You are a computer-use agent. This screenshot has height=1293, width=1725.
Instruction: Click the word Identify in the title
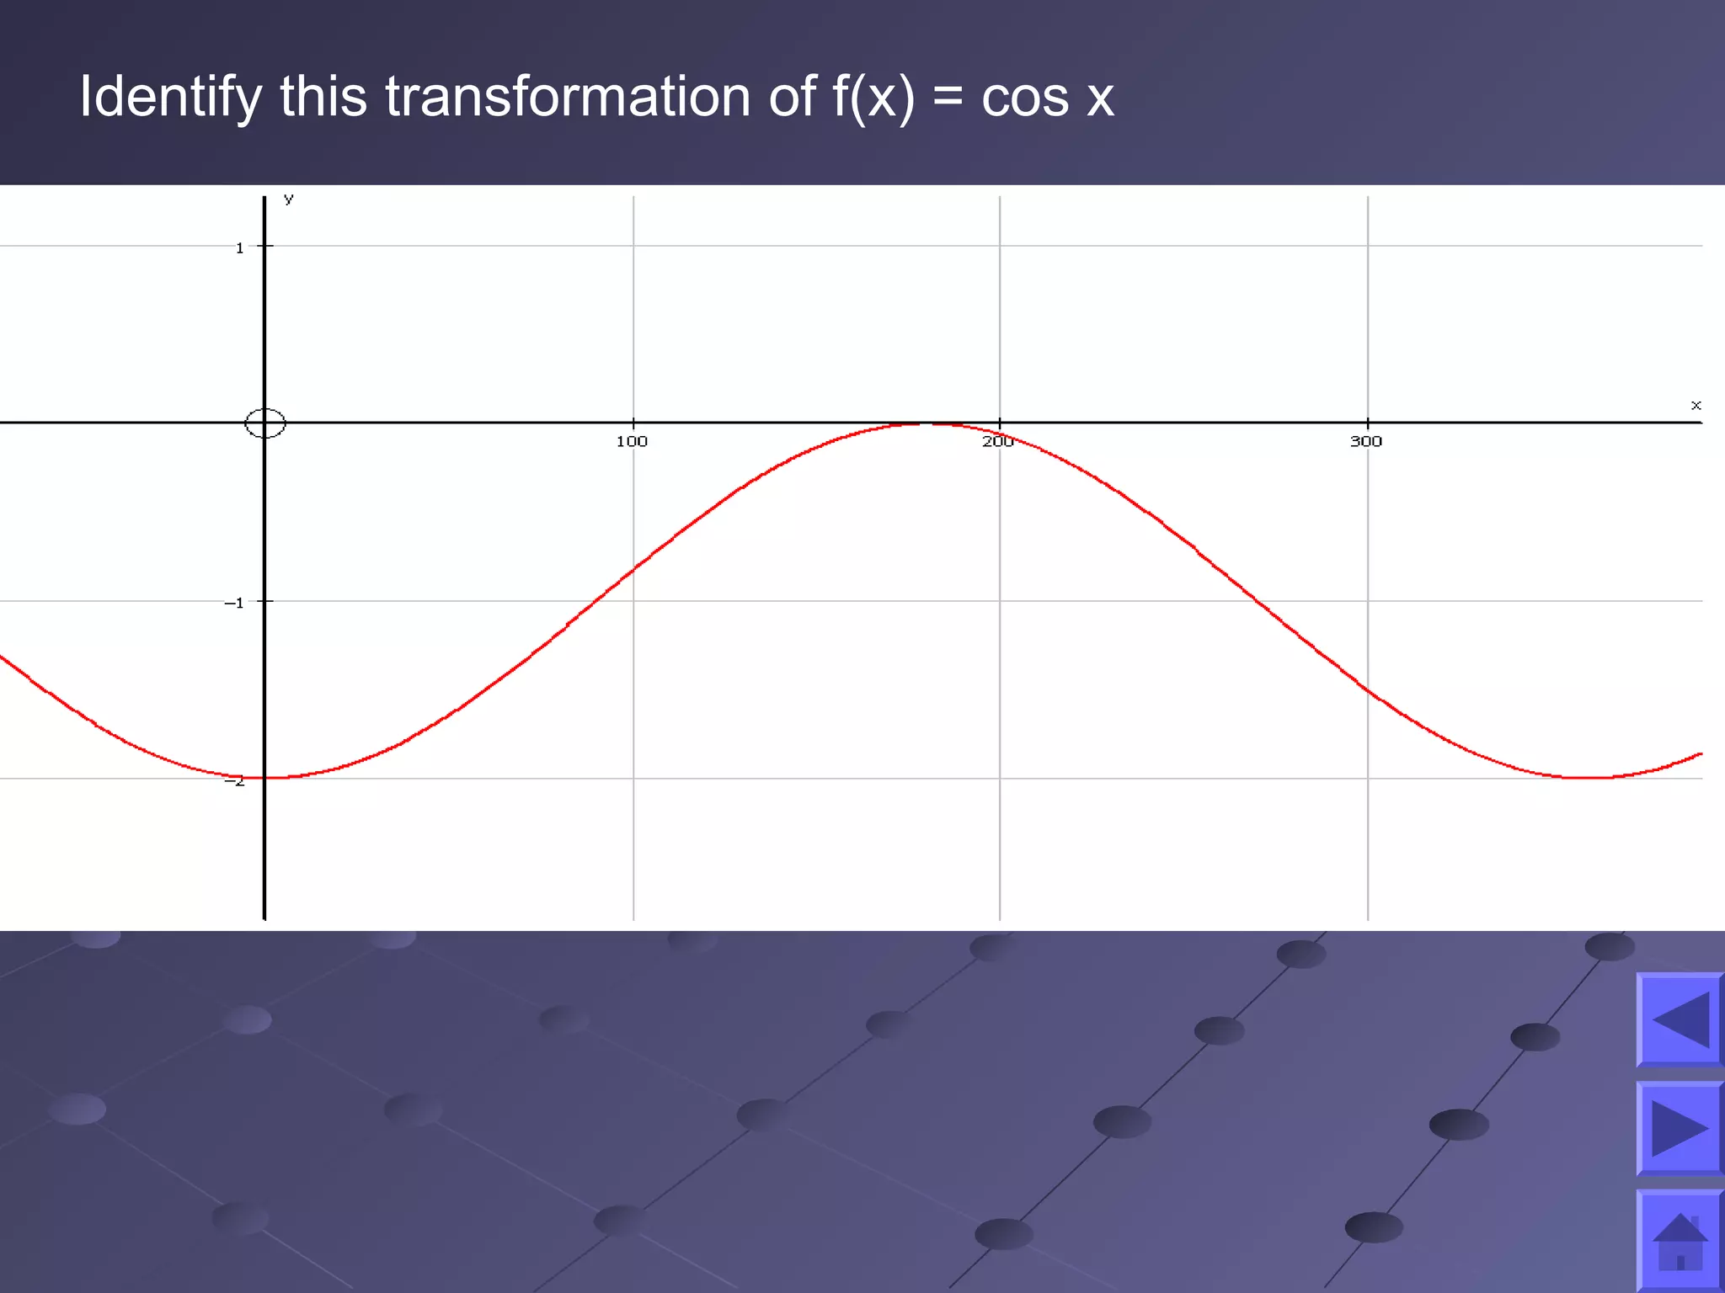[170, 97]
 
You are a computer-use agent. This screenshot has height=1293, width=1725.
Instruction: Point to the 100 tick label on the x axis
[632, 441]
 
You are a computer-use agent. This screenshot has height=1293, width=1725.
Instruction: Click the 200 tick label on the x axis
[997, 441]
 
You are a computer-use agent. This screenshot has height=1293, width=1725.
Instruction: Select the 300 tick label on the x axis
[1365, 441]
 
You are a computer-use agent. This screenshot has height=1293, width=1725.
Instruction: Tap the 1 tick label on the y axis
[239, 247]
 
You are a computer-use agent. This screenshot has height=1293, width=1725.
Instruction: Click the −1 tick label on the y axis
[234, 603]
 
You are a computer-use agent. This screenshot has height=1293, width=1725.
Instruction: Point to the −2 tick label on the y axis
[234, 781]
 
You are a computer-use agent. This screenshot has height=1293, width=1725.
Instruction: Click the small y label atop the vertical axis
[289, 199]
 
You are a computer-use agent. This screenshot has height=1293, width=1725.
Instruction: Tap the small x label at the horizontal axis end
[1696, 405]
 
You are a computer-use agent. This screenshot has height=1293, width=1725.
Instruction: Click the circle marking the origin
[264, 423]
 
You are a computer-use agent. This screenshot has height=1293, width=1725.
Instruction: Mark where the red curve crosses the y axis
[264, 778]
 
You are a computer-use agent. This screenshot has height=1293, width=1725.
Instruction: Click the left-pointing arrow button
[1680, 1019]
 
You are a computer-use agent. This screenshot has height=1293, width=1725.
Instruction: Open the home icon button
[1680, 1241]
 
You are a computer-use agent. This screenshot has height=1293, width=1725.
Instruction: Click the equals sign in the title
[948, 97]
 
